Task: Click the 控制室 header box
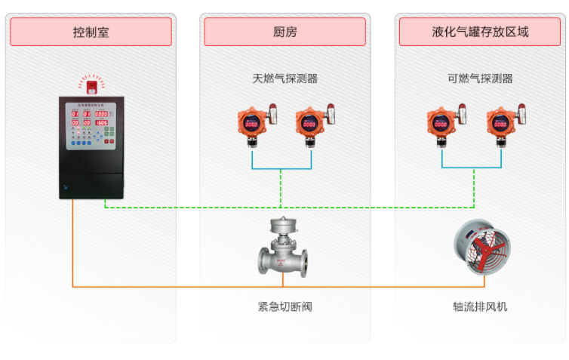click(x=91, y=32)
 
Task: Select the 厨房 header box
click(x=284, y=32)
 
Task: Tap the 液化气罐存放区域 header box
click(x=480, y=32)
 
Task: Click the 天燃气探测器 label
click(x=284, y=78)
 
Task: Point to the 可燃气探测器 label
click(x=480, y=78)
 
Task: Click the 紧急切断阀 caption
click(x=284, y=307)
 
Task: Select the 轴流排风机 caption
click(x=480, y=307)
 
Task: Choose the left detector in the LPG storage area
click(x=444, y=124)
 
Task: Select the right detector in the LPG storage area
click(x=503, y=124)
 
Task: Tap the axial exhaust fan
click(x=481, y=248)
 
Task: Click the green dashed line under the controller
click(x=189, y=206)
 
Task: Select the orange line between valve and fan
click(x=377, y=287)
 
